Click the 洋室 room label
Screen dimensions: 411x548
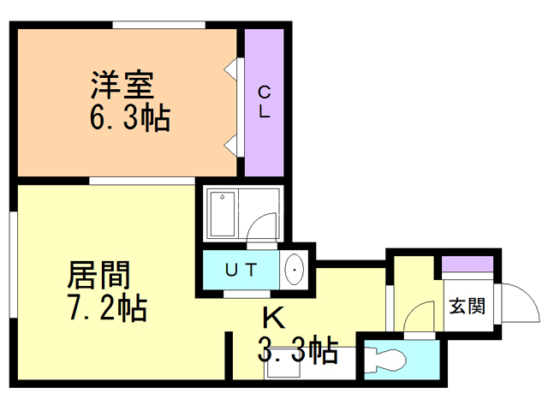(x=122, y=86)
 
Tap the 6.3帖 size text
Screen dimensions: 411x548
(x=129, y=117)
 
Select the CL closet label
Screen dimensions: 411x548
(x=264, y=102)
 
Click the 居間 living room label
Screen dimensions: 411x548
(x=100, y=277)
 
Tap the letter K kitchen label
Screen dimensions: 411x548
(x=272, y=318)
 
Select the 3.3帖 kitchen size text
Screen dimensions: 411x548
(x=297, y=350)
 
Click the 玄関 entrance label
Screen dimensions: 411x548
(x=468, y=305)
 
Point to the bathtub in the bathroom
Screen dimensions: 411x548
(x=223, y=214)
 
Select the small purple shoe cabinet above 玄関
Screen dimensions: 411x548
(x=468, y=265)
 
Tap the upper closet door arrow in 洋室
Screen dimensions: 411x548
(x=231, y=68)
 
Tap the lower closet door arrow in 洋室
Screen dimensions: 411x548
(x=231, y=143)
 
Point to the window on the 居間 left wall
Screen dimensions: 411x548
(x=15, y=256)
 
